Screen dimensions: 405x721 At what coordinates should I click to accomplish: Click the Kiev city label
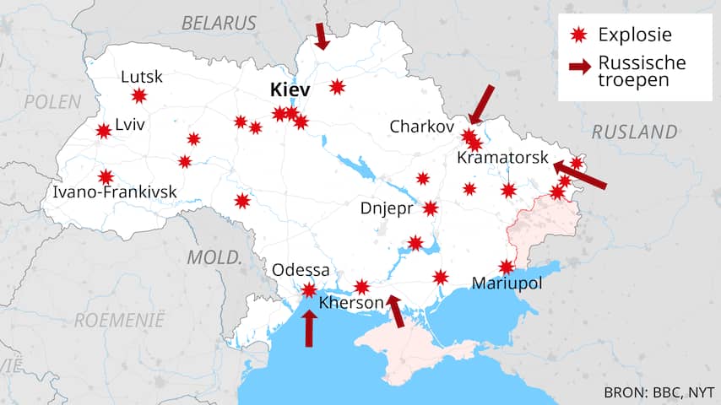290,89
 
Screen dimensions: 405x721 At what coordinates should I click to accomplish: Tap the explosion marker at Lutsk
139,96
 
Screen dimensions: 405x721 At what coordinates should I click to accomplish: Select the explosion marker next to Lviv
104,131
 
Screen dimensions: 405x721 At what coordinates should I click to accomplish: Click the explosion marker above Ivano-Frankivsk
106,176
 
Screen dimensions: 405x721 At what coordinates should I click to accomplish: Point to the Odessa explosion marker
310,290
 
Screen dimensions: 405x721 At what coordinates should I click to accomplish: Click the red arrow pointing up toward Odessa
309,328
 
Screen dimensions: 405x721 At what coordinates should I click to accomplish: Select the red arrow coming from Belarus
322,36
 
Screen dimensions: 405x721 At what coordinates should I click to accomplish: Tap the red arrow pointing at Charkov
481,104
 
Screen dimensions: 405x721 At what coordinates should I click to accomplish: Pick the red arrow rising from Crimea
395,310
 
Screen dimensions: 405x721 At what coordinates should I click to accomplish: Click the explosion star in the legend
577,35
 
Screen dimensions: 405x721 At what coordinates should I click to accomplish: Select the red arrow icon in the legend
579,67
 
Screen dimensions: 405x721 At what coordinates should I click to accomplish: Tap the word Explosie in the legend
634,35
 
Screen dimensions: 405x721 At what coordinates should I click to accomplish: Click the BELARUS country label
219,23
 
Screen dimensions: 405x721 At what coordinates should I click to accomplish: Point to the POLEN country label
52,102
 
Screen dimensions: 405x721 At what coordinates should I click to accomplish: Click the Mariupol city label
507,283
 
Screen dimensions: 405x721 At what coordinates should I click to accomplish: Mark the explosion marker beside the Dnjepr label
431,208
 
